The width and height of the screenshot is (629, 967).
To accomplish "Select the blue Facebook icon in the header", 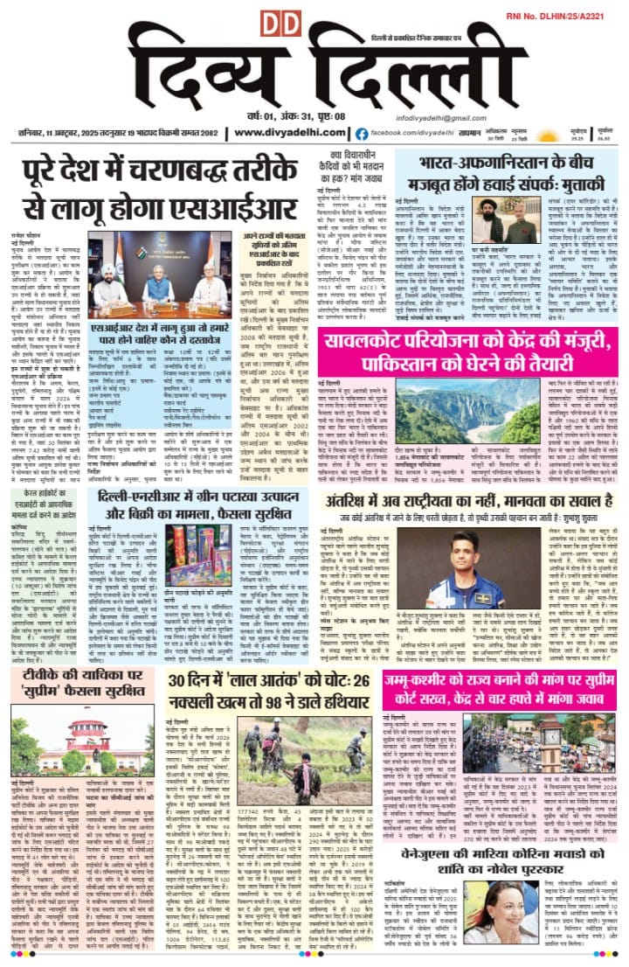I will [x=361, y=133].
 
